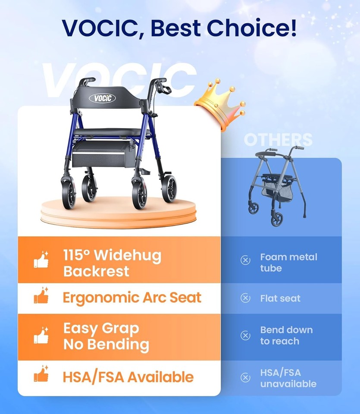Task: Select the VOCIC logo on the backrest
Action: [x=102, y=98]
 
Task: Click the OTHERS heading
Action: [x=278, y=140]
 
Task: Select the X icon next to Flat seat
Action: [x=245, y=298]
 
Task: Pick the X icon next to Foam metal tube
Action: [x=245, y=260]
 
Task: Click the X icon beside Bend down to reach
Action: [x=245, y=336]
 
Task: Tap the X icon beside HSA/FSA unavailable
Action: [x=245, y=378]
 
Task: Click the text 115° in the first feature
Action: [x=76, y=255]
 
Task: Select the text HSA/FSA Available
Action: [x=128, y=377]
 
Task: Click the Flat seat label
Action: [x=280, y=298]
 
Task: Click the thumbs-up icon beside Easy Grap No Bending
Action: [x=41, y=336]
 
